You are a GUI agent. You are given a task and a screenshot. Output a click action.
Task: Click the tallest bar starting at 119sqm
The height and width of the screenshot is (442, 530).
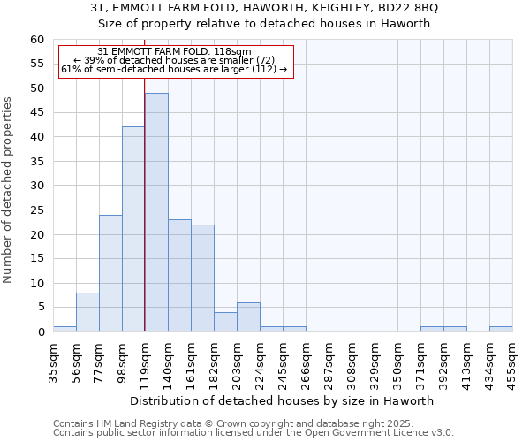tap(156, 212)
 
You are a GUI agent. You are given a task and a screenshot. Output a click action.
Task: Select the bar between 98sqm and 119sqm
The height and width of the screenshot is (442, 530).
tap(133, 229)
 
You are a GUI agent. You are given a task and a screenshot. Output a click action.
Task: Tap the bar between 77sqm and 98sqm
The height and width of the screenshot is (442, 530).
tap(110, 273)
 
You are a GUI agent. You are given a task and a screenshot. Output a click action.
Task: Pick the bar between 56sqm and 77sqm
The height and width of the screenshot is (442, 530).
tap(87, 312)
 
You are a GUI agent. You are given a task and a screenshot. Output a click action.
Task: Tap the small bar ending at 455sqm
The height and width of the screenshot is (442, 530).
tap(501, 329)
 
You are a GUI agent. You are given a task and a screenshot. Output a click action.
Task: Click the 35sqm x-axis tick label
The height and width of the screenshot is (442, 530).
tap(54, 362)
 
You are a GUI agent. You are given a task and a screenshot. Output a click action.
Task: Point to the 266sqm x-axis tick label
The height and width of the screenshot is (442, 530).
tap(307, 362)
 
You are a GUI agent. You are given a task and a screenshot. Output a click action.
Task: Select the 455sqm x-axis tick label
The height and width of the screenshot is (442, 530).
tap(512, 362)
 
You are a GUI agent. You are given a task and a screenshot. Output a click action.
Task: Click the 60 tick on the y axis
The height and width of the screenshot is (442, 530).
tap(37, 40)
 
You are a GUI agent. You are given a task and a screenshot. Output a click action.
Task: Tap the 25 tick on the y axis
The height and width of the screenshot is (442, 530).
tap(37, 210)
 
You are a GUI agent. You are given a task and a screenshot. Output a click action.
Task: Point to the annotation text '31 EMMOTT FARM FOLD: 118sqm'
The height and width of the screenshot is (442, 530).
tap(175, 52)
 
